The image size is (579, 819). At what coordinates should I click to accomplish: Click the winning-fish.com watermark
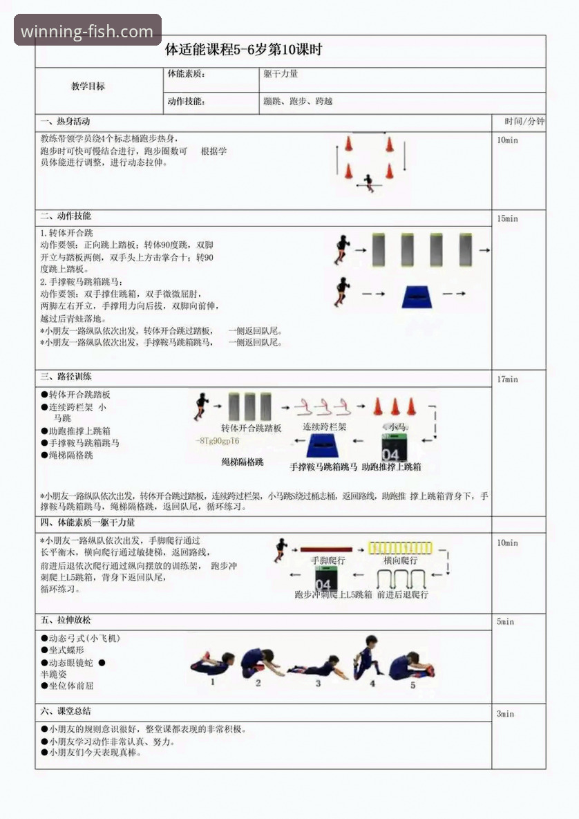pos(87,31)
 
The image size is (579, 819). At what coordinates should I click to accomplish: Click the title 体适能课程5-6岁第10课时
pos(243,50)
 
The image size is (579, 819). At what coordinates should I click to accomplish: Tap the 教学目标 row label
pos(88,86)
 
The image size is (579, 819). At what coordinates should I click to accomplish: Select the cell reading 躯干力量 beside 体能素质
pos(280,73)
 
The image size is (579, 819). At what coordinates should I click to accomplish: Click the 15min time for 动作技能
pos(507,218)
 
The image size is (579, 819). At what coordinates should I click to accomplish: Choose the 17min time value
pos(507,379)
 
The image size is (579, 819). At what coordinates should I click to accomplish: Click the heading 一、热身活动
pos(65,122)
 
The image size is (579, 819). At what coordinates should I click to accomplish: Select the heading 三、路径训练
pos(66,377)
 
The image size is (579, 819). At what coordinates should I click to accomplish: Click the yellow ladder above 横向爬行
pos(400,548)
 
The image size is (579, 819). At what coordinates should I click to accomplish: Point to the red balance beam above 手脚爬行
pos(326,549)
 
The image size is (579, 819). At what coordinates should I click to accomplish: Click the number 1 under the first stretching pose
pos(212,681)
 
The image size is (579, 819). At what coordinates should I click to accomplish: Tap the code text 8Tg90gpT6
pos(218,441)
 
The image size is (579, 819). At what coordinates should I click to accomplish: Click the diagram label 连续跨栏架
pos(325,427)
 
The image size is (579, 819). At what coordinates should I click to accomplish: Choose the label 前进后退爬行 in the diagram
pos(402,594)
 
